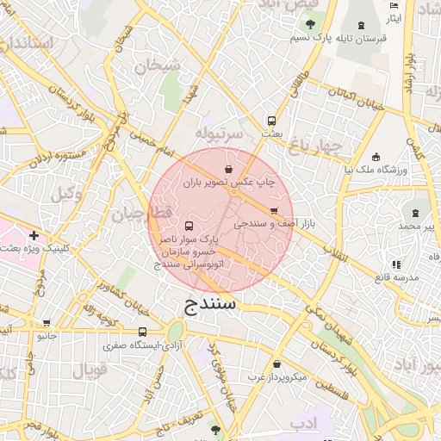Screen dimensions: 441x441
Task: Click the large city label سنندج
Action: [x=210, y=305]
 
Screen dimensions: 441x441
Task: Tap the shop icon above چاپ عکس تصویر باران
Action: [x=228, y=169]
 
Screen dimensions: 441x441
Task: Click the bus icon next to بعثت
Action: [x=271, y=121]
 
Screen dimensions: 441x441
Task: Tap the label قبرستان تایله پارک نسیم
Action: [x=345, y=39]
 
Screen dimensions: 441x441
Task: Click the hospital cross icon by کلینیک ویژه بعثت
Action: [x=34, y=235]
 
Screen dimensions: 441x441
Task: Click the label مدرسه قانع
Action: [x=395, y=277]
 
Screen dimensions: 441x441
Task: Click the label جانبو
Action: [x=46, y=336]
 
